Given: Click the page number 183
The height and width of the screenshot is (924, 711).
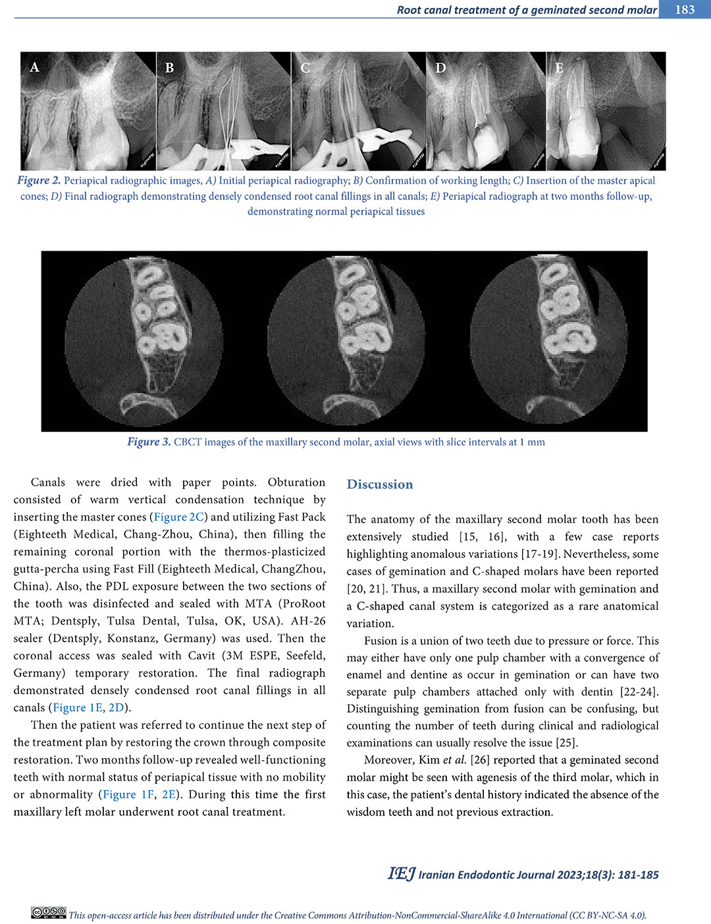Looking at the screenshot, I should (685, 9).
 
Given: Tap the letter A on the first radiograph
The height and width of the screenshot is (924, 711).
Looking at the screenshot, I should (35, 67).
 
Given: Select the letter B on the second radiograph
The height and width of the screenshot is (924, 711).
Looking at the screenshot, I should (169, 68).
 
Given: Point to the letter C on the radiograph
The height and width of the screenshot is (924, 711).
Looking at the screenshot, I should (305, 68).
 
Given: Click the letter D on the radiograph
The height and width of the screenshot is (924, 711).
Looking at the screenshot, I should (440, 68).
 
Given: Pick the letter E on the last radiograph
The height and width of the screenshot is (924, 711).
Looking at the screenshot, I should (559, 68).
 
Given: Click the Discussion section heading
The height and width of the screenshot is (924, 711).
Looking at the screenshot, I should (380, 484).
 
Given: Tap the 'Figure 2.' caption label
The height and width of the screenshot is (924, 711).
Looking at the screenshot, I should (39, 180).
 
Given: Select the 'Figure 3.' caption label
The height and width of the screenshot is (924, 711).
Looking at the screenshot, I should (149, 442).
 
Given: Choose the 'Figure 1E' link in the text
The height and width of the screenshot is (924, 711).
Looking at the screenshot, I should (78, 707).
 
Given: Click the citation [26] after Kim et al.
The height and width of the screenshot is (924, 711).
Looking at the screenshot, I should (480, 759).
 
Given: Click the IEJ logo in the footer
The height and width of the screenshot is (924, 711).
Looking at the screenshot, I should (401, 873).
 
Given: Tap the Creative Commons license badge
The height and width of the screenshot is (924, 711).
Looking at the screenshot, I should (48, 913).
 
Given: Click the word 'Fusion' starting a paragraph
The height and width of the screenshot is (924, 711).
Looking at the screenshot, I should (381, 640).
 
